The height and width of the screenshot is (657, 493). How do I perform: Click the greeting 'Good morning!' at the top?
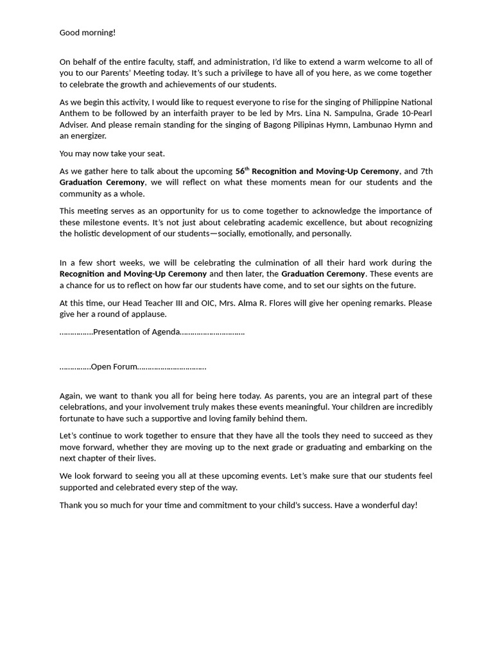pyautogui.click(x=87, y=33)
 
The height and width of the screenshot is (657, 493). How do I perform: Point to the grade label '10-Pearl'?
pyautogui.click(x=405, y=114)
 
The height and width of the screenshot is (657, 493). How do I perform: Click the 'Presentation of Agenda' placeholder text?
pyautogui.click(x=136, y=332)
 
